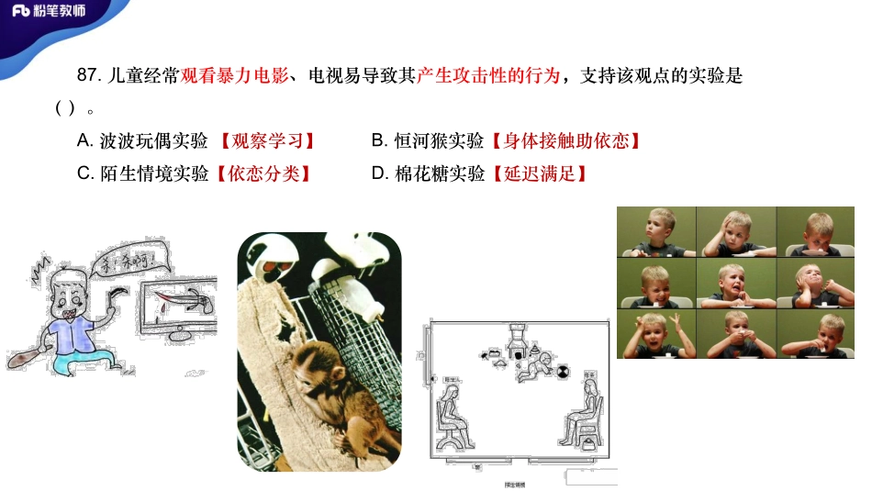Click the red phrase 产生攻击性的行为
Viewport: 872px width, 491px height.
tap(487, 77)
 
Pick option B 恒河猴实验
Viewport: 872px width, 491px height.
tap(428, 141)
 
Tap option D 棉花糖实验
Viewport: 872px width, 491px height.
tap(428, 173)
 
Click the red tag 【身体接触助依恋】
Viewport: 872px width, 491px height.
tap(565, 141)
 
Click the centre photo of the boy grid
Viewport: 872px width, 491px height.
tap(735, 283)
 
